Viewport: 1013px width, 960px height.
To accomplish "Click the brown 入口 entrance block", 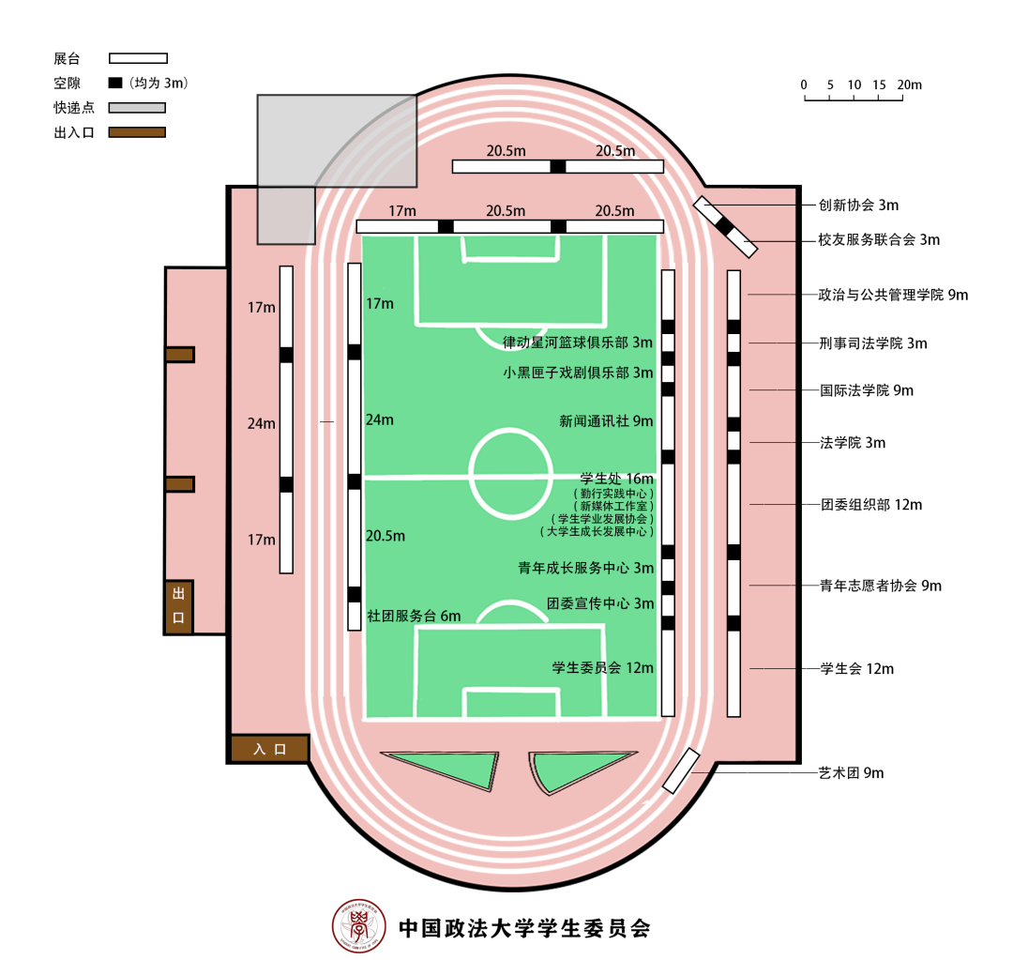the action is pos(269,749).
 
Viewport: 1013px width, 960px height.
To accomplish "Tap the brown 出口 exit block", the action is pos(179,606).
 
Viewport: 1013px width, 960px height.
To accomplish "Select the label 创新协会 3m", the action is pos(858,205).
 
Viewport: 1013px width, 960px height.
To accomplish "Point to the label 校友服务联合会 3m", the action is pos(879,240).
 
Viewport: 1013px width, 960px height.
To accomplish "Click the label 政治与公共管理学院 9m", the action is pos(893,295).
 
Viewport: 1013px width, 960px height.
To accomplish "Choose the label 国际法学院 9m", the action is pos(867,390).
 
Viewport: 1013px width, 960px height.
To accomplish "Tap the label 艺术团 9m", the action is pos(851,772).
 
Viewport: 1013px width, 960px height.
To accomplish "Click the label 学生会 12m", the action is pos(856,668).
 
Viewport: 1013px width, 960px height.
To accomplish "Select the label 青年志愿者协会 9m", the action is pos(881,586).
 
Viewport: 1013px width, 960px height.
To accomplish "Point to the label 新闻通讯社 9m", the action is pos(606,421).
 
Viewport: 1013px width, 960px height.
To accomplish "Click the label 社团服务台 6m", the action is pos(415,617).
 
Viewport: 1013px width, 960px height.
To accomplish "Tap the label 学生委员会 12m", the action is pos(603,668).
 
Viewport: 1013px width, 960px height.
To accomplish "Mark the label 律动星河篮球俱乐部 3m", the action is pos(578,343).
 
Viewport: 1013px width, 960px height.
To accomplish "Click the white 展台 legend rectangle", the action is pos(138,58).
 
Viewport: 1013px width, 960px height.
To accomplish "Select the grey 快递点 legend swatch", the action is pos(137,107).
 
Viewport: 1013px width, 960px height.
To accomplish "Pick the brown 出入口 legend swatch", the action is pos(137,132).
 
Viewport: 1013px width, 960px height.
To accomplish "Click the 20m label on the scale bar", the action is pos(909,84).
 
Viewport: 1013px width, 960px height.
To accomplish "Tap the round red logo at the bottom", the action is pos(359,925).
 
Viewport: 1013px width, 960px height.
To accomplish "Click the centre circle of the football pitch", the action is pos(510,473).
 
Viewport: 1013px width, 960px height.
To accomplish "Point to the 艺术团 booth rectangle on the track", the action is pos(681,770).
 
